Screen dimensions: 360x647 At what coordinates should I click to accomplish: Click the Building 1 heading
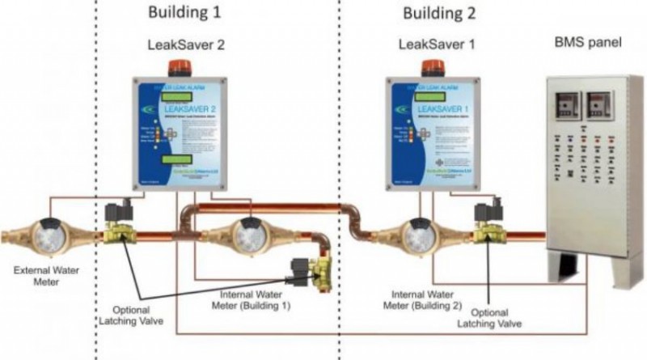[184, 14]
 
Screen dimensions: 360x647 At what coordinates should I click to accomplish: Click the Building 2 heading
[439, 14]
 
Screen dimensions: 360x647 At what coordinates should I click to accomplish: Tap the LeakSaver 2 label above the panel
[184, 46]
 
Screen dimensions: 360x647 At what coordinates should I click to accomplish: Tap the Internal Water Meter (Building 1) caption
[259, 300]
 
